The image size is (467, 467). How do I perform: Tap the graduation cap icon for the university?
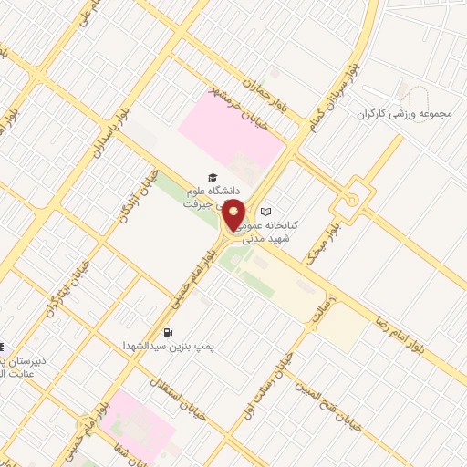coord(213,177)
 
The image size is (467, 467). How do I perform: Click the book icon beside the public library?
coord(266,212)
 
